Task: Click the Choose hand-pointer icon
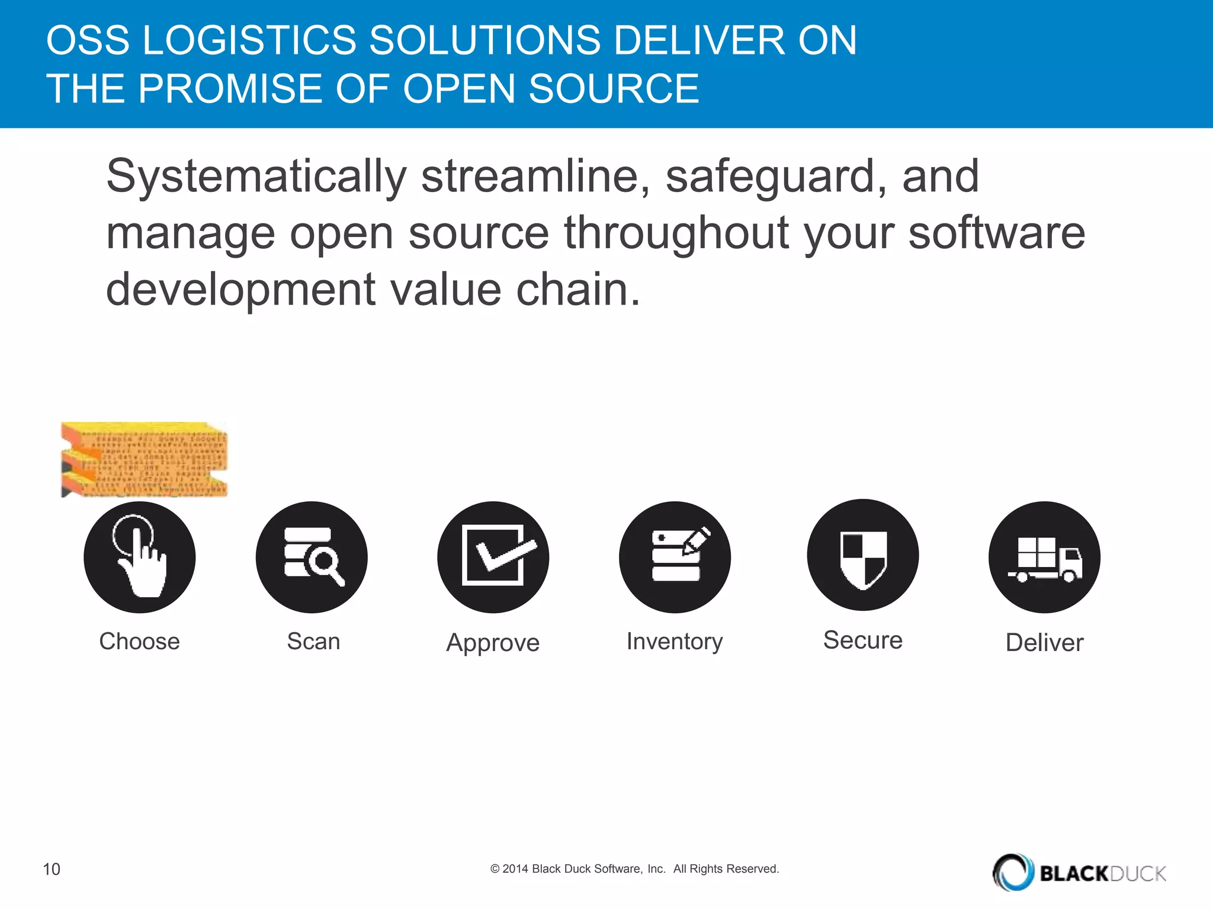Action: click(x=140, y=557)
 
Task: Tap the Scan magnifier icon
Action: click(x=312, y=557)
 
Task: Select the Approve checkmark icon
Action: click(x=493, y=557)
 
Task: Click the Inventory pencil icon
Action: click(x=675, y=557)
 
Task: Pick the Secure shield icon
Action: click(x=863, y=555)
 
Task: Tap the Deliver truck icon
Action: click(x=1045, y=557)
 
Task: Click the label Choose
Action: click(x=139, y=642)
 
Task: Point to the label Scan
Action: click(x=313, y=642)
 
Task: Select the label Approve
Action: click(x=493, y=643)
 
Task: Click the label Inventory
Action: click(x=675, y=642)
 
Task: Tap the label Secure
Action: click(x=863, y=640)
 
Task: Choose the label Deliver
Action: click(x=1044, y=643)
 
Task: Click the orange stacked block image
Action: click(x=145, y=460)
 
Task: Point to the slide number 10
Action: click(x=52, y=869)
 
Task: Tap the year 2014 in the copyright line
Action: click(x=515, y=869)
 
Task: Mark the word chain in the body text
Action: click(x=577, y=290)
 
